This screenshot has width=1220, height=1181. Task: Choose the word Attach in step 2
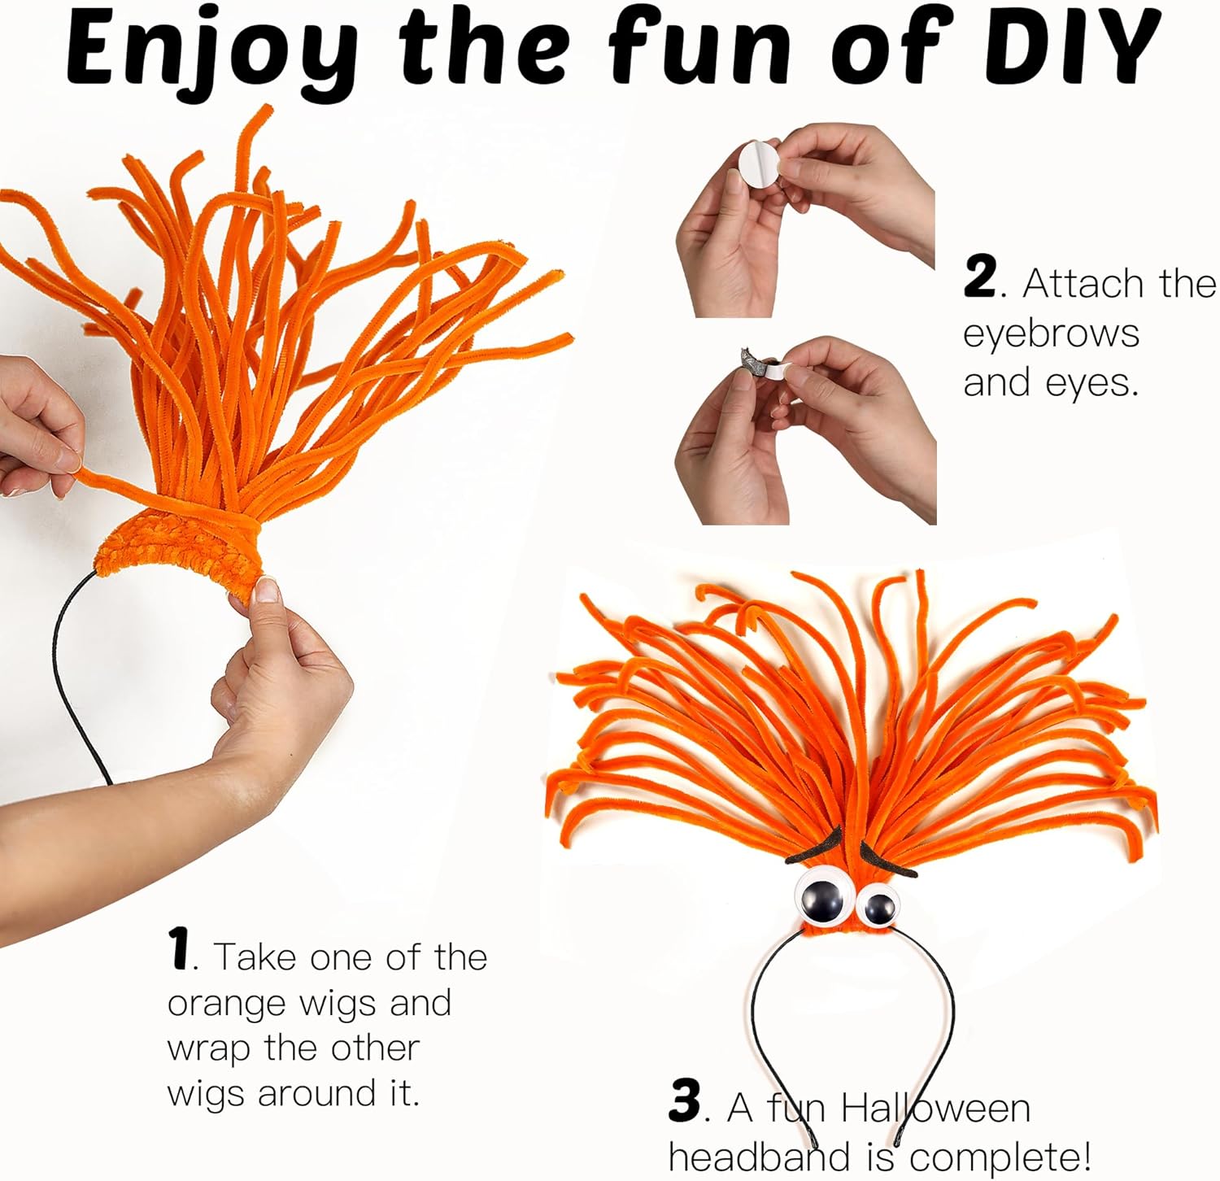pyautogui.click(x=1082, y=285)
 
